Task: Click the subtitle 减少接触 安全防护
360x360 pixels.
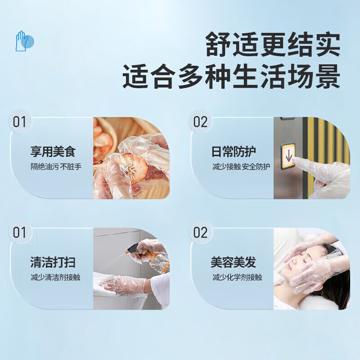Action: [x=241, y=166]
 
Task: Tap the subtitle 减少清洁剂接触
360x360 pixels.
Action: [x=55, y=277]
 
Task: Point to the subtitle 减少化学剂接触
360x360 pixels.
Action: [x=237, y=277]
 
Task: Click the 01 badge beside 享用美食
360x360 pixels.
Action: [x=20, y=122]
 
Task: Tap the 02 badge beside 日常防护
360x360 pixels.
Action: [x=201, y=122]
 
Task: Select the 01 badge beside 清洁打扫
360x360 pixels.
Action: [x=20, y=233]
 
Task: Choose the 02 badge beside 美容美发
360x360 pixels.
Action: [x=201, y=233]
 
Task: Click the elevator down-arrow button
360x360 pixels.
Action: [x=288, y=156]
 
